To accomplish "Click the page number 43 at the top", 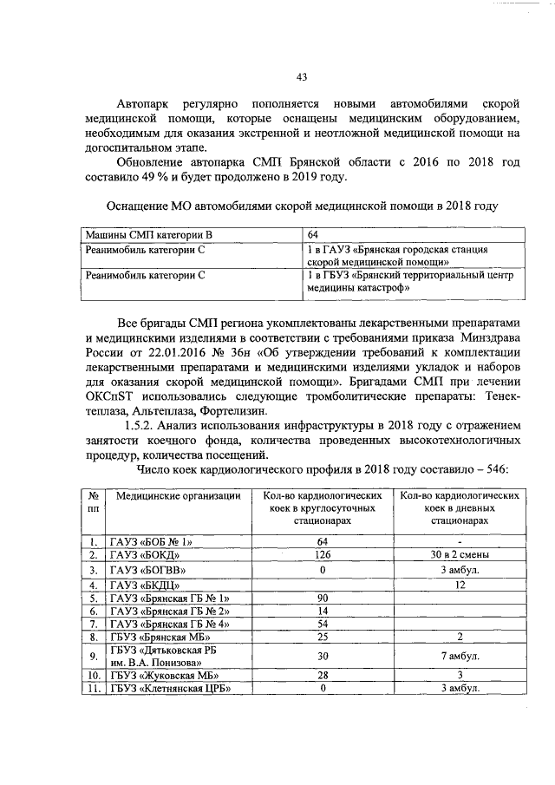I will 302,77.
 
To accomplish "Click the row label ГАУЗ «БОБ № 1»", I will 148,542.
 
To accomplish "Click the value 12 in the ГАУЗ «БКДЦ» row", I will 460,585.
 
